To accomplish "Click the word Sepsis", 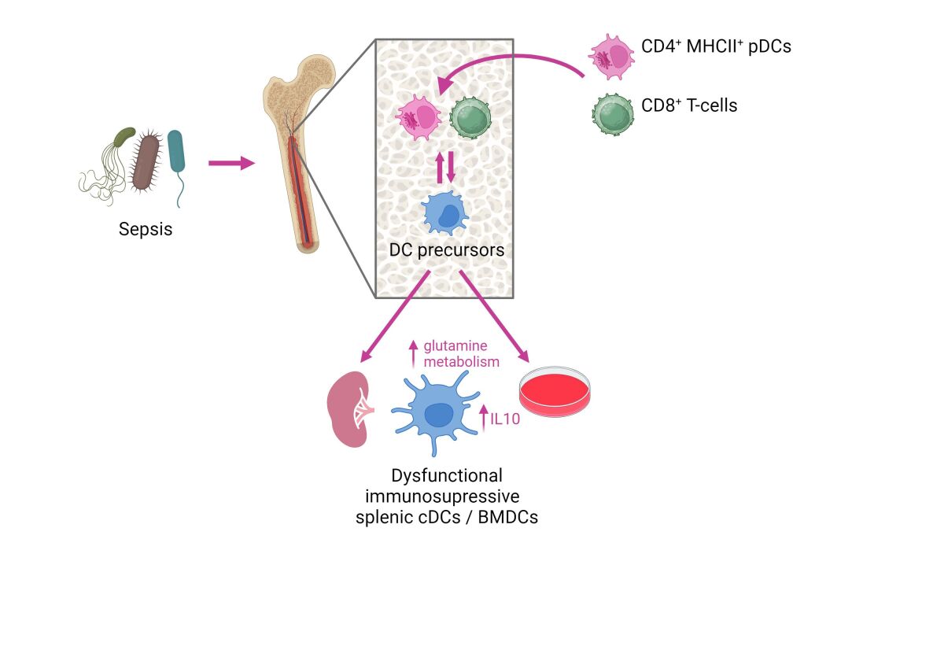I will (146, 230).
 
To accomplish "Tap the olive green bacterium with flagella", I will (124, 138).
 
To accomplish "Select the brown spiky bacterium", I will (146, 161).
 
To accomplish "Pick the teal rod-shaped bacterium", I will (177, 153).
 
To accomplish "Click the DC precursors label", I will (446, 250).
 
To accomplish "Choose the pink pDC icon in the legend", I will (612, 57).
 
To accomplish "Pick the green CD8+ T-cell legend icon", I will (612, 113).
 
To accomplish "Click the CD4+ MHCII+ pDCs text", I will (716, 46).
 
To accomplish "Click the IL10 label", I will (505, 419).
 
